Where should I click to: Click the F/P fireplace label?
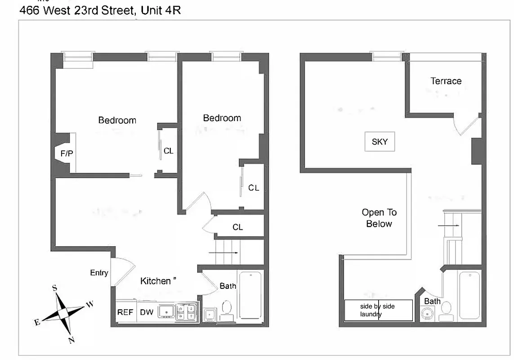[67, 153]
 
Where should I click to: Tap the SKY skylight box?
[380, 142]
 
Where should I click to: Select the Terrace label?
[446, 81]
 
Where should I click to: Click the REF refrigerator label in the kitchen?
[125, 312]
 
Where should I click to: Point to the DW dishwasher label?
[146, 312]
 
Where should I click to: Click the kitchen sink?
[166, 311]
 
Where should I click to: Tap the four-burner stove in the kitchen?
[186, 311]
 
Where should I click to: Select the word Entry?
[99, 273]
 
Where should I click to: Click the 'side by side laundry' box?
[378, 310]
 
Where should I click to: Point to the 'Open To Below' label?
[379, 218]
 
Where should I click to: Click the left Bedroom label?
[117, 120]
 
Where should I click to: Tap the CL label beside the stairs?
[237, 227]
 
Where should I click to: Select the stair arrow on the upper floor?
[449, 225]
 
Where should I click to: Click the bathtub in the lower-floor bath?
[250, 295]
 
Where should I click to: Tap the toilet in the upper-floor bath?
[446, 309]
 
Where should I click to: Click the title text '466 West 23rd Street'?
[77, 10]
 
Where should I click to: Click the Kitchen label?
[156, 281]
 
